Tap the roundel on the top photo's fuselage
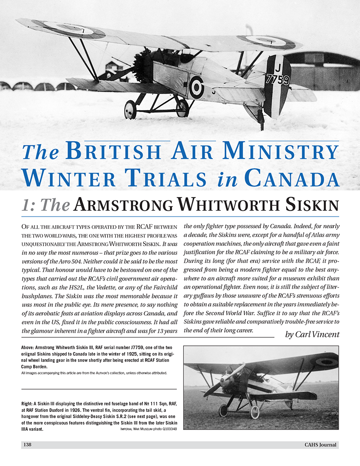click(x=196, y=87)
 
